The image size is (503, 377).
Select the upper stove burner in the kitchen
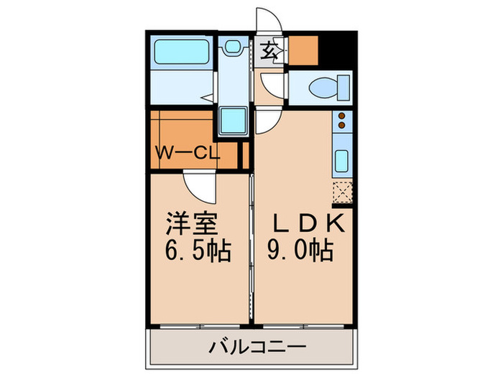tap(342, 116)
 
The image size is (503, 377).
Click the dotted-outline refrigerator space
tap(342, 192)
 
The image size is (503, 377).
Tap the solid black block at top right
tap(337, 49)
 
